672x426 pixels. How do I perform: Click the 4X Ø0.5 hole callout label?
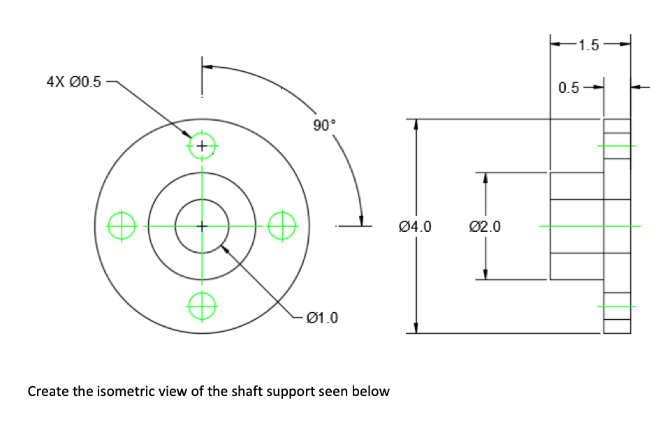coord(73,82)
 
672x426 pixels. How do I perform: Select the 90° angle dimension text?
coord(324,125)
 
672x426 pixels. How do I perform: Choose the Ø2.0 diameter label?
coord(484,226)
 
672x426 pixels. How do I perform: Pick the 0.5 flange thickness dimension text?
coord(569,88)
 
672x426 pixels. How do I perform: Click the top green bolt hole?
coord(202,146)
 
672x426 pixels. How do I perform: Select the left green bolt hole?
coord(122,226)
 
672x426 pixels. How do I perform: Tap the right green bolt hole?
coord(283,226)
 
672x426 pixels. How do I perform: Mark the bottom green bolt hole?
coord(202,306)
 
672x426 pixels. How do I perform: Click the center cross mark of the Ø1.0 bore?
coord(202,226)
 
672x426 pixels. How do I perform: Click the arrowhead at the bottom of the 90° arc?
coord(361,219)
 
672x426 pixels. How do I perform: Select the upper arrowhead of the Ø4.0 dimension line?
coord(416,124)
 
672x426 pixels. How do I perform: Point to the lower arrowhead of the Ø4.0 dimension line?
coord(416,327)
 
